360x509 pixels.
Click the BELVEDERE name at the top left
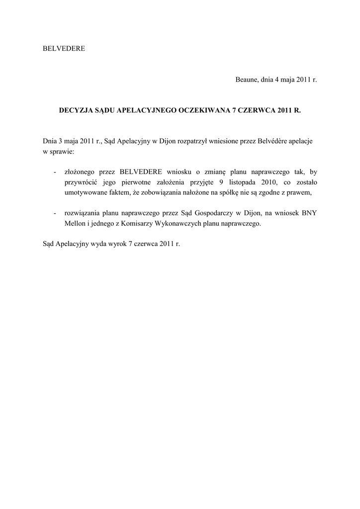(x=64, y=49)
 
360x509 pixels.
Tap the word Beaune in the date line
(x=247, y=80)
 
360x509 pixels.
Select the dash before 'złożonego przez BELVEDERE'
(x=54, y=172)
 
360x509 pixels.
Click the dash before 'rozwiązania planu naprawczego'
(x=54, y=213)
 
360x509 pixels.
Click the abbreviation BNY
(x=309, y=213)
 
